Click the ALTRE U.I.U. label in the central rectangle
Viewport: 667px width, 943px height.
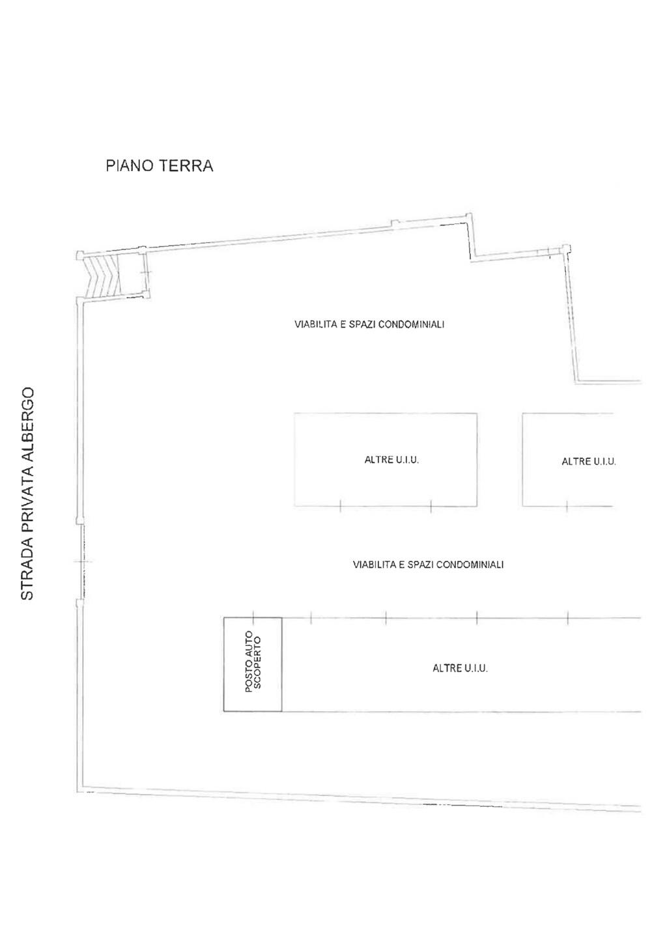pyautogui.click(x=391, y=460)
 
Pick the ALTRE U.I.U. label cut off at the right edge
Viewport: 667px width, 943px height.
pyautogui.click(x=589, y=461)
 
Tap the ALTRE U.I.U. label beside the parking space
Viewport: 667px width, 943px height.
pyautogui.click(x=461, y=668)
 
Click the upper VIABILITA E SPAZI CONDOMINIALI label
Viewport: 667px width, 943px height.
pyautogui.click(x=369, y=324)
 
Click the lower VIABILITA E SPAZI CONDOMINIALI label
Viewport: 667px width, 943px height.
pyautogui.click(x=428, y=565)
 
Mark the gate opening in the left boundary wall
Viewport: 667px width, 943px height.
pyautogui.click(x=81, y=561)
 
